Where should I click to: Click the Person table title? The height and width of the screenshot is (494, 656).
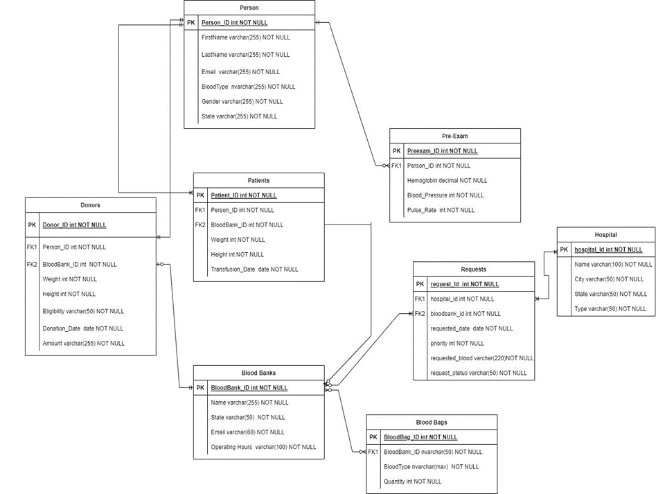tap(249, 8)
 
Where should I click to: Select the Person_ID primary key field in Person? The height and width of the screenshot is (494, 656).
tap(234, 22)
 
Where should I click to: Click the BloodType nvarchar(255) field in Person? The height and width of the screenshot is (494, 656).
tap(248, 87)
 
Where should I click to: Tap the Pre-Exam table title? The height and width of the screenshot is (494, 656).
tap(454, 136)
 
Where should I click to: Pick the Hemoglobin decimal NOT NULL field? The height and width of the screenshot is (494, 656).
tap(447, 180)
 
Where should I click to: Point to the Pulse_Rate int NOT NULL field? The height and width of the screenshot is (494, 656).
tap(441, 210)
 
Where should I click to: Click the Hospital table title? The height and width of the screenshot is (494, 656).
tap(605, 235)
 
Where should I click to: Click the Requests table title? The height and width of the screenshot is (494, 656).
tap(473, 269)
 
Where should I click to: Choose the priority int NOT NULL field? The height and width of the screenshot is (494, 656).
tap(457, 343)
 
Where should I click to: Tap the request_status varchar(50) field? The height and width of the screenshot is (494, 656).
tap(478, 373)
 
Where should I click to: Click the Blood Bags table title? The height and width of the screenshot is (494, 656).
tap(431, 422)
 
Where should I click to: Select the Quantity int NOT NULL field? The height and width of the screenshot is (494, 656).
tap(412, 482)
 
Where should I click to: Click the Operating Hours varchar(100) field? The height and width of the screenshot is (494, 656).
tap(263, 447)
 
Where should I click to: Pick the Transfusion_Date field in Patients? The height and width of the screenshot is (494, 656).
tap(254, 270)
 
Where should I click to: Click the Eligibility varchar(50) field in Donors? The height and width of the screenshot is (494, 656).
tap(83, 311)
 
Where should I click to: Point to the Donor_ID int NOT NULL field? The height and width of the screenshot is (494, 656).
tap(74, 224)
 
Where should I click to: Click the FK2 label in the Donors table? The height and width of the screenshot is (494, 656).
tap(32, 264)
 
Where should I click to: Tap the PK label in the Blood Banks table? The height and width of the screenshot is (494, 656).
tap(200, 388)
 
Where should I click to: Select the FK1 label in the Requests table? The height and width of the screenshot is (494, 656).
tap(420, 299)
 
